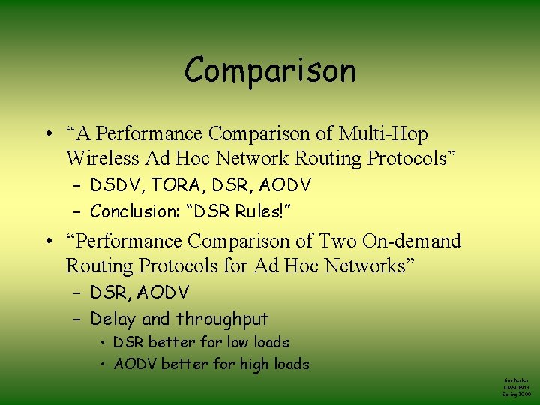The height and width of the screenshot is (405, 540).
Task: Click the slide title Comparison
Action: [269, 71]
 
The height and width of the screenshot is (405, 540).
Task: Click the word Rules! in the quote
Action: [257, 211]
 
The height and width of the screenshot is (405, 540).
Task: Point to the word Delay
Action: [112, 319]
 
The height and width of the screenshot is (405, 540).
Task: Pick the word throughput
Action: [222, 319]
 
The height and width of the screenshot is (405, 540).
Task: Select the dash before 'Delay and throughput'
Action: [79, 319]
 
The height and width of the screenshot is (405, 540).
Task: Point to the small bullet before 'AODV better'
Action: [103, 364]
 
